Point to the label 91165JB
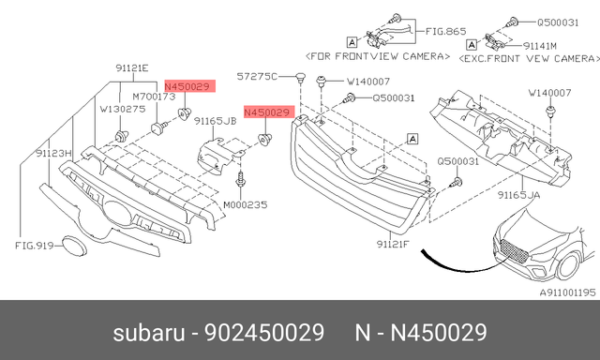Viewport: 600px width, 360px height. pyautogui.click(x=215, y=120)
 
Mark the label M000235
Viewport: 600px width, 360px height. pyautogui.click(x=245, y=204)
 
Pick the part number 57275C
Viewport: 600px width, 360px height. pyautogui.click(x=257, y=76)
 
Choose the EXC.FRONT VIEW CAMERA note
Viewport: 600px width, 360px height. pyautogui.click(x=526, y=57)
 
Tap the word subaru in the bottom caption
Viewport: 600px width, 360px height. pyautogui.click(x=144, y=333)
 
